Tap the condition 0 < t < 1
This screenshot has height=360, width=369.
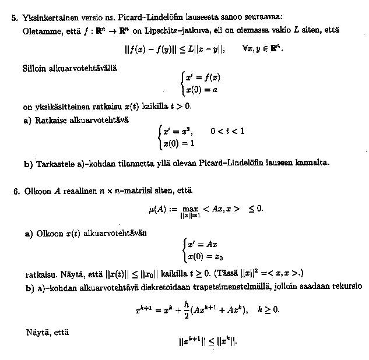pos(227,132)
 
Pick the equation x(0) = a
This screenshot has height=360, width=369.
pos(202,90)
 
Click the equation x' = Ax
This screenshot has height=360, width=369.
pos(201,243)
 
